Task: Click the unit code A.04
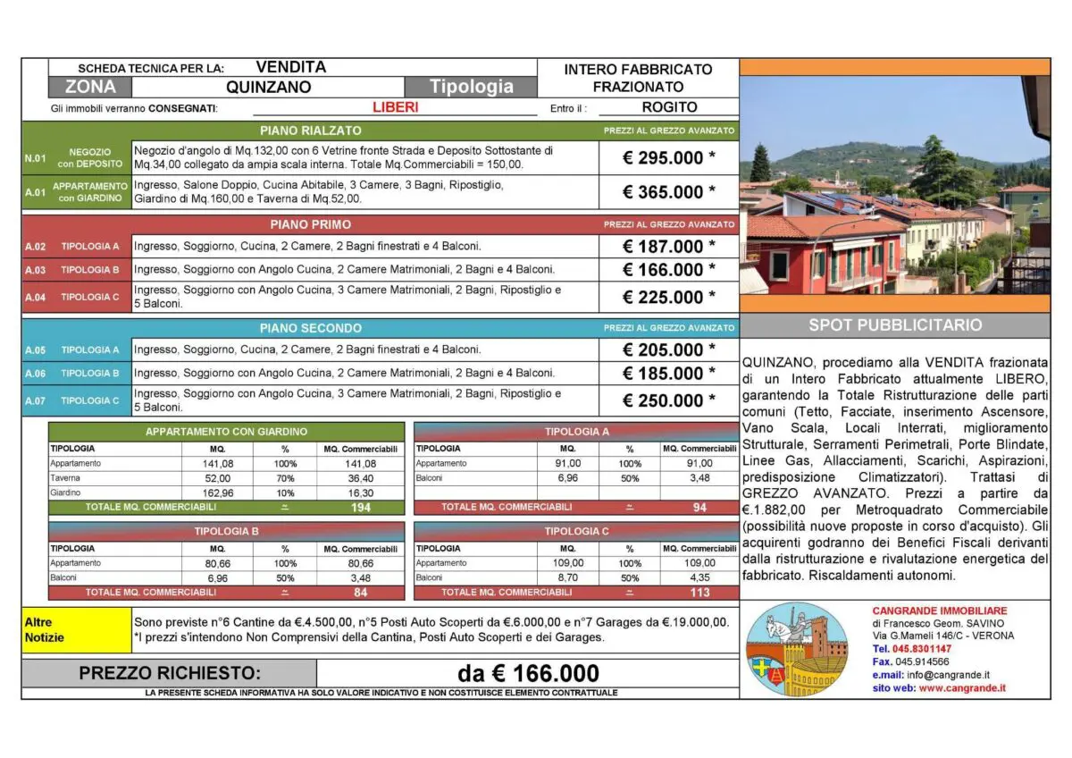35,297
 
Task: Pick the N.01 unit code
35,158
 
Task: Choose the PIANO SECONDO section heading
310,328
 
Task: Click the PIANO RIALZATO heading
312,131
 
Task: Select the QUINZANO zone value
268,87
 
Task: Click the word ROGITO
669,107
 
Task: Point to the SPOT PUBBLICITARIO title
895,325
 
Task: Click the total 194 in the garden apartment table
360,508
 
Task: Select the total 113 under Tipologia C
699,593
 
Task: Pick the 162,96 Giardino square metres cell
217,493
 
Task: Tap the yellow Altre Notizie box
77,630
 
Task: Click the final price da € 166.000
528,673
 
